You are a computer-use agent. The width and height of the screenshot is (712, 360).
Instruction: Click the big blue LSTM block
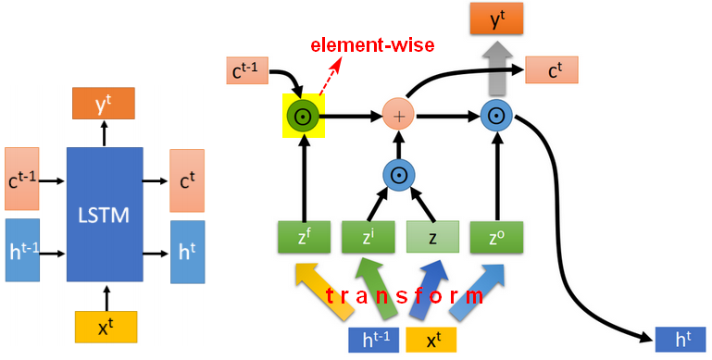[105, 215]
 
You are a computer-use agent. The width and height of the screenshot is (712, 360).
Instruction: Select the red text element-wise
[372, 45]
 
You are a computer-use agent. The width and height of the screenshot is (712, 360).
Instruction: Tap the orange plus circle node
[399, 117]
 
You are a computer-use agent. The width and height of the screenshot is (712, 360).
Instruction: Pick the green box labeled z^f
[304, 237]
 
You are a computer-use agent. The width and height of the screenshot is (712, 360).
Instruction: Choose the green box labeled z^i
[368, 237]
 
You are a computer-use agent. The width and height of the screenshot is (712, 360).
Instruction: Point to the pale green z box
[432, 237]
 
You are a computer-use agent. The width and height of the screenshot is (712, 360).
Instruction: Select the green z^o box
[496, 237]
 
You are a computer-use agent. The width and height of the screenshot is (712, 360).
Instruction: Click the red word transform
[404, 296]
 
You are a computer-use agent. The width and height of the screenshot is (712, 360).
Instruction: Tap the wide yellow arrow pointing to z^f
[324, 290]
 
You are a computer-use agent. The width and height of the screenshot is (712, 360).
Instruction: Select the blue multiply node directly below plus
[399, 175]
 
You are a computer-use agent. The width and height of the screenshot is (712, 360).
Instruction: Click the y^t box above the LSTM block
[104, 103]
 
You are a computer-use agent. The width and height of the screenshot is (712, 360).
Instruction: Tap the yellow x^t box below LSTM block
[106, 327]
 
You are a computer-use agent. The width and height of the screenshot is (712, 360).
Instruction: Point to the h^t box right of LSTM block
[188, 252]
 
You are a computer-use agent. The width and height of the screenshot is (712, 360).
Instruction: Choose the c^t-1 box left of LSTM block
[22, 179]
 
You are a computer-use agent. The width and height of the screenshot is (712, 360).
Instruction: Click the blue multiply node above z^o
[497, 117]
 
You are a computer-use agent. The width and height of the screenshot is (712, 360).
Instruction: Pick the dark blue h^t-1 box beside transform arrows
[374, 340]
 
